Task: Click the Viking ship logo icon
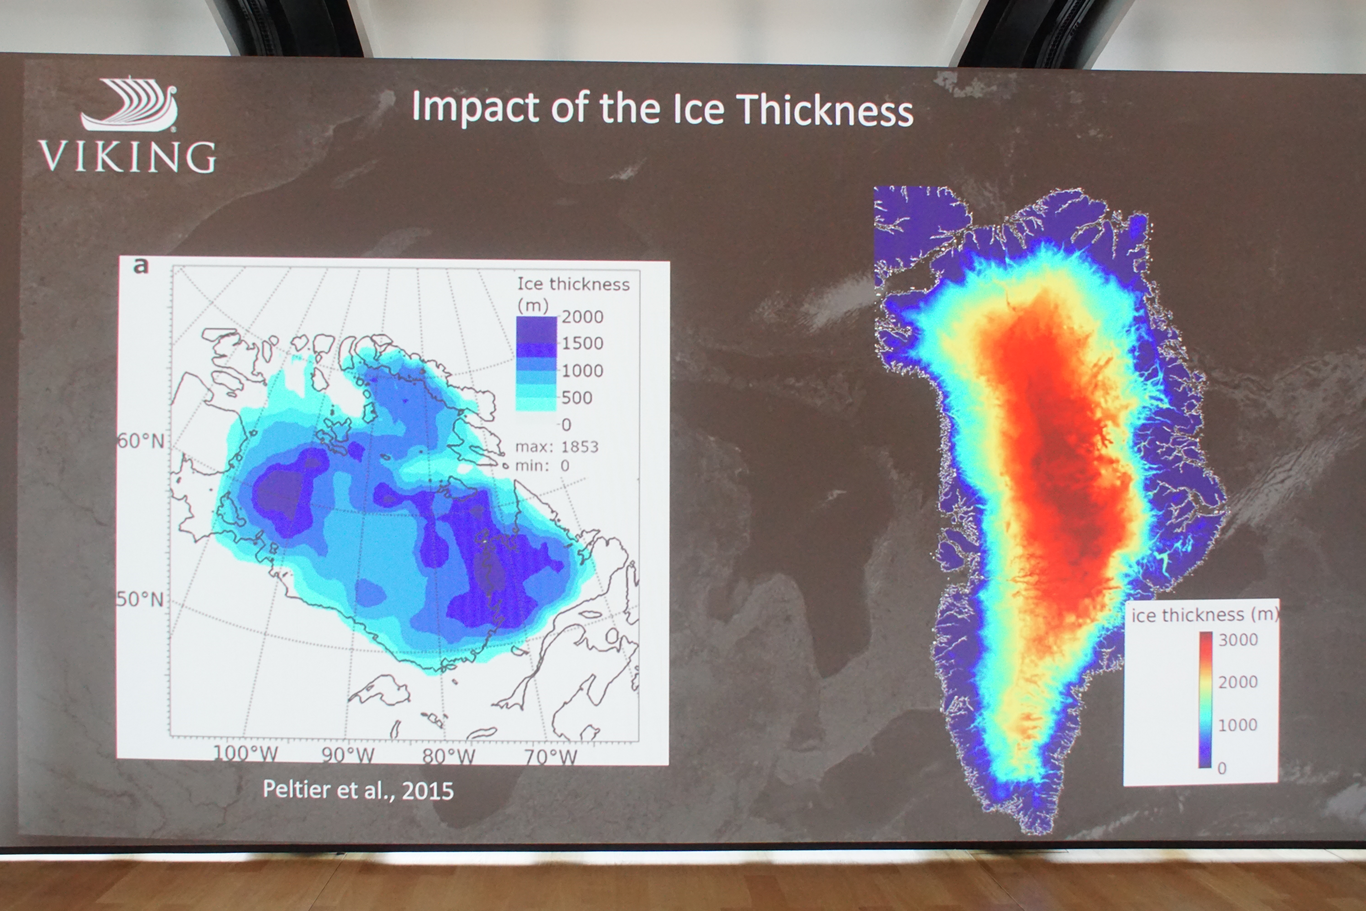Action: click(x=129, y=105)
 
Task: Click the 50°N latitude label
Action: click(x=140, y=599)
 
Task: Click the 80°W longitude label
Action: click(x=448, y=756)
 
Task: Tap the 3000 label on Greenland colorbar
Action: click(x=1238, y=640)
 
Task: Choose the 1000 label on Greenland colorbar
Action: click(x=1238, y=725)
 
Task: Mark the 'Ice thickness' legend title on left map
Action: click(x=573, y=284)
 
